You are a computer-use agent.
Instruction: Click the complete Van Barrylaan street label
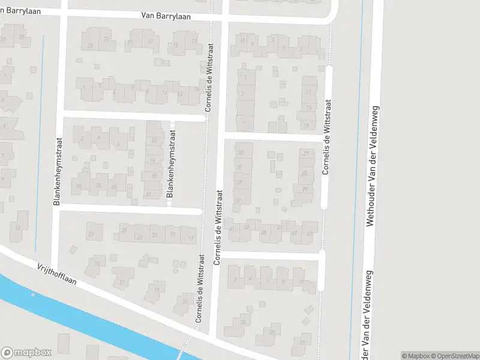(166, 17)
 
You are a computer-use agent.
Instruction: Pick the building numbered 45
(264, 232)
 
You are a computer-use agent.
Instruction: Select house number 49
(294, 233)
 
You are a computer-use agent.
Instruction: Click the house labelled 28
(78, 187)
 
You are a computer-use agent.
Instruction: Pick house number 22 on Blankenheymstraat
(148, 194)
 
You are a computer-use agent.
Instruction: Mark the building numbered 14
(153, 160)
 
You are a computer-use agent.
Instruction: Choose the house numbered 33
(241, 152)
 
